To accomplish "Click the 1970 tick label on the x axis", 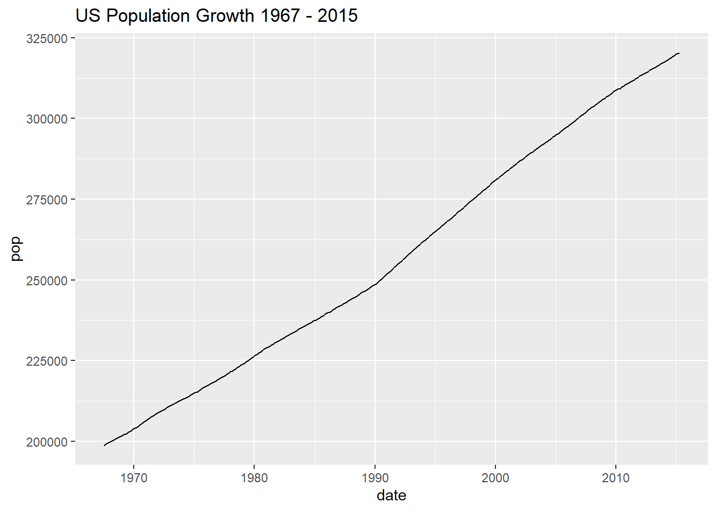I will tap(134, 478).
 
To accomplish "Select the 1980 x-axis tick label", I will tap(254, 478).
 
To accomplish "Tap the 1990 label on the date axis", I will tap(375, 478).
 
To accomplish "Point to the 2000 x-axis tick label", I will tap(495, 478).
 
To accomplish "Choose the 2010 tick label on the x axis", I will tap(616, 478).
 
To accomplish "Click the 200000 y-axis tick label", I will tap(47, 442).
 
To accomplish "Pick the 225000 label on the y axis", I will tap(47, 361).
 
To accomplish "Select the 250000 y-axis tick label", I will tap(47, 281).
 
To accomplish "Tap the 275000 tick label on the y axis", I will tap(47, 200).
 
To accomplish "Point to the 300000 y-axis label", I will tap(47, 119).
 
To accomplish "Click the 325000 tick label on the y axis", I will tap(47, 39).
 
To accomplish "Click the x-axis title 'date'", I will tap(392, 496).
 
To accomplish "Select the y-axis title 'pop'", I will tap(16, 249).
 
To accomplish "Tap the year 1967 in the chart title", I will tap(280, 16).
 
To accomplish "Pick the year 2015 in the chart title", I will tap(338, 16).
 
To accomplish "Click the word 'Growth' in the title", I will tap(225, 16).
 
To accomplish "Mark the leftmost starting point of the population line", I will tap(104, 445).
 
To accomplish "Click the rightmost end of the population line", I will tap(679, 53).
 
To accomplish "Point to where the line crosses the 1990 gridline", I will tap(375, 284).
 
